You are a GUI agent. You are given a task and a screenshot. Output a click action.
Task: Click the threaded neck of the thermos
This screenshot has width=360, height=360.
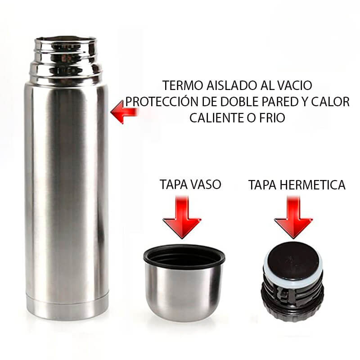66,63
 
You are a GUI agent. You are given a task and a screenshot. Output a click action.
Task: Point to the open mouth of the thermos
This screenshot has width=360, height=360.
66,40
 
